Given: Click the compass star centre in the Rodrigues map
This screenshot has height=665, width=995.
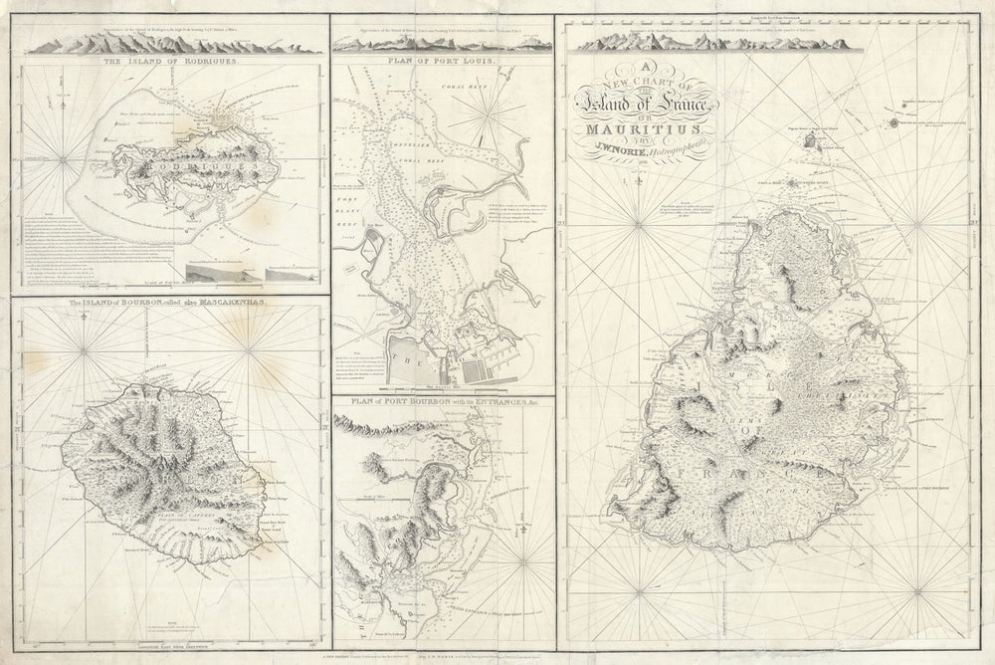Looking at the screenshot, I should click(64, 160).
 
